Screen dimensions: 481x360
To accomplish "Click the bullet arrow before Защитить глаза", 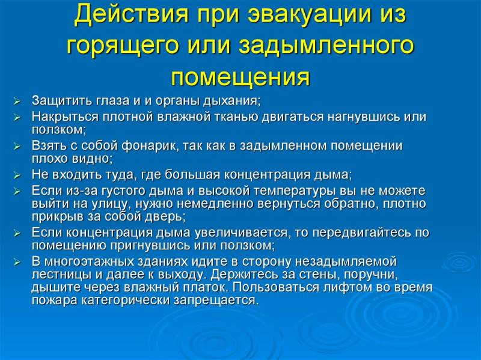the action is [17, 101].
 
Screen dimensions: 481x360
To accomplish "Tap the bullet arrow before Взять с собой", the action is [17, 147].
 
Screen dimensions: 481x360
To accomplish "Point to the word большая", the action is [192, 175].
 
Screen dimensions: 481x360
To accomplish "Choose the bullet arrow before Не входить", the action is [17, 175].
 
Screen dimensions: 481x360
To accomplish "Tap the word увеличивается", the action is [242, 233].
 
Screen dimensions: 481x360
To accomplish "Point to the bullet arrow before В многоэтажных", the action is [17, 263].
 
